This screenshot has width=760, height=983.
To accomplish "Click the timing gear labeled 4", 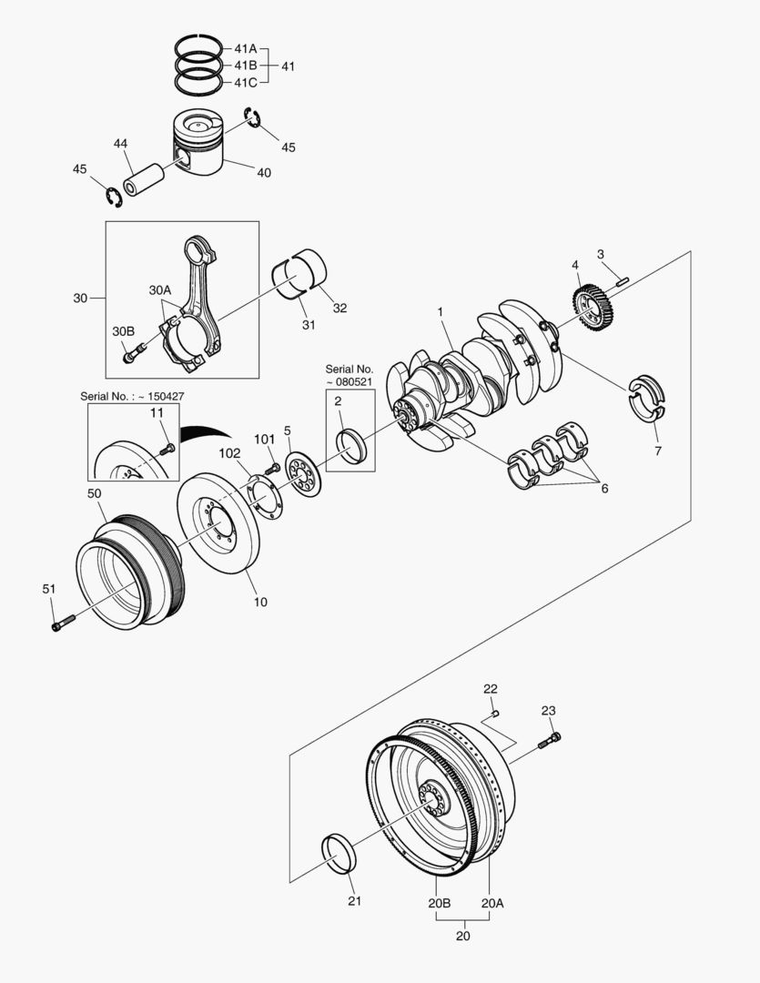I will [x=594, y=308].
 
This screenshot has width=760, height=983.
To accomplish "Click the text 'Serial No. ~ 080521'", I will [x=349, y=376].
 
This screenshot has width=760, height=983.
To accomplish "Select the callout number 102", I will [x=229, y=452].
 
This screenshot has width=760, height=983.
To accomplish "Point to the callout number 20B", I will [x=439, y=903].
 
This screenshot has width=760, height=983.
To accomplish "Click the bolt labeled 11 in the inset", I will [x=166, y=449].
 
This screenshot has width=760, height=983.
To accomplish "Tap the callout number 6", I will [x=603, y=488].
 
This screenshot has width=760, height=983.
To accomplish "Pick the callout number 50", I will [x=94, y=492].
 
